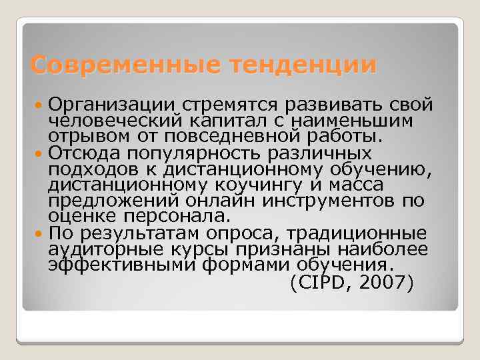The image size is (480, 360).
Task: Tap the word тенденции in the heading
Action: [302, 65]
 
